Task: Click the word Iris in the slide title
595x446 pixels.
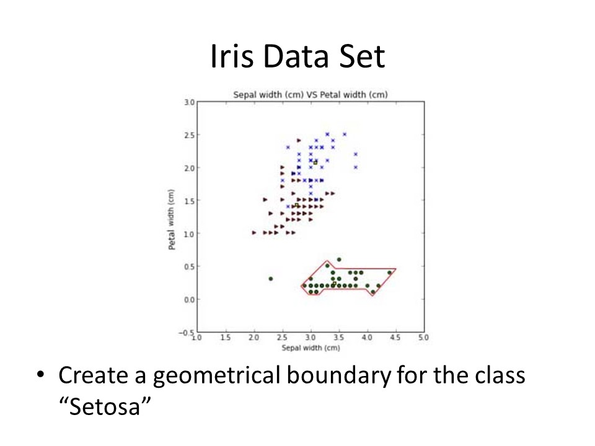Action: [231, 56]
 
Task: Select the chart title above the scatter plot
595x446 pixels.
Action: [311, 94]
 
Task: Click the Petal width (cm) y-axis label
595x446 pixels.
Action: [172, 219]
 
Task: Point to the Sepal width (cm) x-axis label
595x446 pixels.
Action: [311, 348]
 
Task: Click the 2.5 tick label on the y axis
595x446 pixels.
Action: [190, 135]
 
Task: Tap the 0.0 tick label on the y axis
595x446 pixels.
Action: [190, 300]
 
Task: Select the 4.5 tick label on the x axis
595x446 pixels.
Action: [395, 337]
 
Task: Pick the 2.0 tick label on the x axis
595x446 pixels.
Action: [254, 337]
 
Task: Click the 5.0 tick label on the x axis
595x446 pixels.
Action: [423, 337]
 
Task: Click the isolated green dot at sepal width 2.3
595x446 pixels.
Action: [271, 279]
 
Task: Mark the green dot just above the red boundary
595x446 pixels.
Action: [339, 260]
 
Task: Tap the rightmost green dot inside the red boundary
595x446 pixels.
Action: [389, 273]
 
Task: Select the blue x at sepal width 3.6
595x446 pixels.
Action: [345, 134]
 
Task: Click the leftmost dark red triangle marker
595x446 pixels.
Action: [254, 232]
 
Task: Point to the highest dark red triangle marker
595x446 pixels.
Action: [299, 141]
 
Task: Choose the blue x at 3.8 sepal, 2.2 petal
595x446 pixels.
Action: [356, 154]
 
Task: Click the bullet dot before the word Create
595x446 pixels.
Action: [40, 375]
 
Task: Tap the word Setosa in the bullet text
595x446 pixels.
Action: [105, 406]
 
